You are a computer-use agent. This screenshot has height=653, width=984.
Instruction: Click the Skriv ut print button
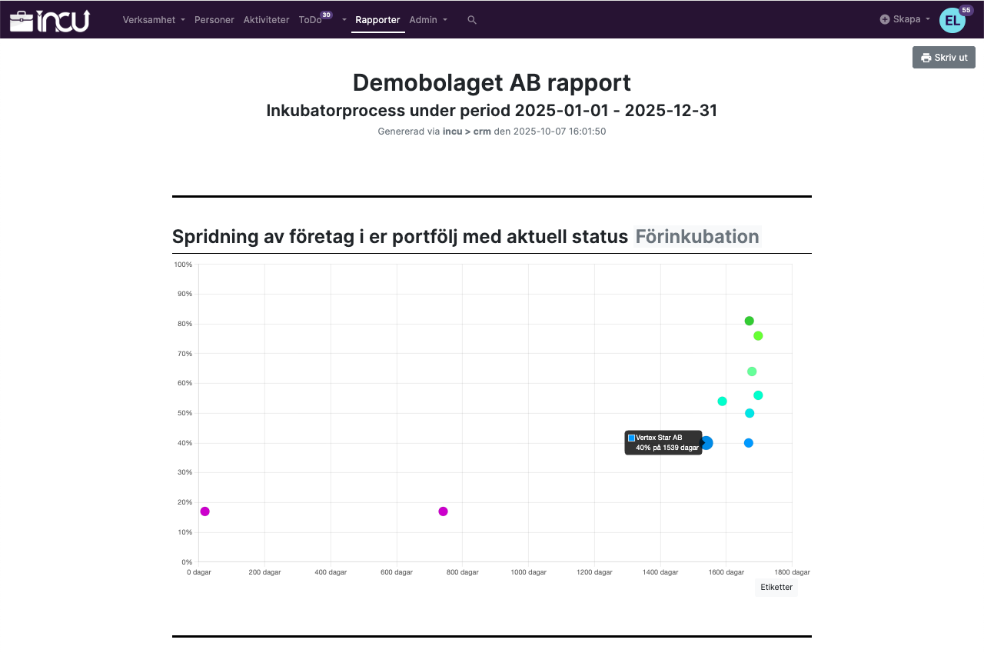click(943, 58)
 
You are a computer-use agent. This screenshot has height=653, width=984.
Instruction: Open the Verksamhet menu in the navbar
click(154, 20)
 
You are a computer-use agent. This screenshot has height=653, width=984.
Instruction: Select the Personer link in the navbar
click(214, 20)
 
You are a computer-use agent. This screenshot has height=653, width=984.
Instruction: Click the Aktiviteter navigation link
click(266, 20)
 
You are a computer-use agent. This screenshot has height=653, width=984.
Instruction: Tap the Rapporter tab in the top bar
click(377, 20)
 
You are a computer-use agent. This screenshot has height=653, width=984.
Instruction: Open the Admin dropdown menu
click(428, 20)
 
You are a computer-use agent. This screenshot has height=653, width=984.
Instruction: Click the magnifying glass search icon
click(472, 20)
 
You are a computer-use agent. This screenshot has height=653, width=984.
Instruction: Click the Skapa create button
click(906, 19)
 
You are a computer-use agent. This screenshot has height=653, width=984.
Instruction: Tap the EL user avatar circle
click(952, 21)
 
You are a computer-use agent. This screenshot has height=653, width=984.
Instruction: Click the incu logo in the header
click(50, 20)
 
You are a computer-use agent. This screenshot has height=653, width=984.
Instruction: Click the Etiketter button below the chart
click(776, 588)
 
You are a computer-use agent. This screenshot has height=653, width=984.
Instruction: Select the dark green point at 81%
click(750, 321)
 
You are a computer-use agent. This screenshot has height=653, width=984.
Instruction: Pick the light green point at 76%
click(758, 336)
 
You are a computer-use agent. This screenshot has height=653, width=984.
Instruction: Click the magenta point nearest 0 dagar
click(204, 511)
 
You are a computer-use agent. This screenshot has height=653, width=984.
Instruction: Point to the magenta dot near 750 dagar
click(443, 511)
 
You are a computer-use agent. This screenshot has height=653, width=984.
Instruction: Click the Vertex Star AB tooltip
click(663, 442)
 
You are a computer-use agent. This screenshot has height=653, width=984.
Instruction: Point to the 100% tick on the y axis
click(183, 265)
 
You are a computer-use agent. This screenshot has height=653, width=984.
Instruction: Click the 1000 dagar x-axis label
click(529, 572)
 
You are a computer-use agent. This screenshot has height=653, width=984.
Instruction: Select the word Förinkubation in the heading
click(697, 237)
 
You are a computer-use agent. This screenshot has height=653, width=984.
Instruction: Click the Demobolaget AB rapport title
click(492, 82)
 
